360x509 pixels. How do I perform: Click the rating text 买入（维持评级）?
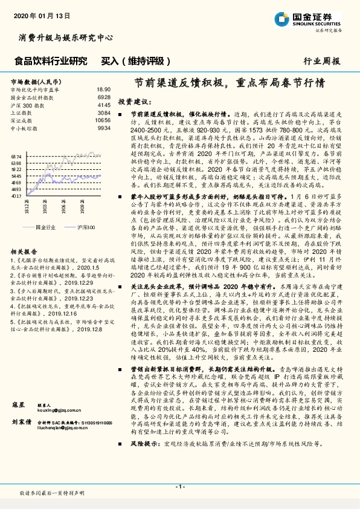tap(127, 60)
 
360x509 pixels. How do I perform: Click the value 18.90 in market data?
tap(103, 89)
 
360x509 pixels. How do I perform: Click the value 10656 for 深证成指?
tap(103, 120)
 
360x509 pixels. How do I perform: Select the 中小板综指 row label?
tap(24, 128)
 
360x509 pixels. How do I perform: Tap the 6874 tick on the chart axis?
tap(16, 157)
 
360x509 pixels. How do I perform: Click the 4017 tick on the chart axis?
tap(16, 196)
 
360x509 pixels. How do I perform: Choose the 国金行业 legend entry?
tap(46, 227)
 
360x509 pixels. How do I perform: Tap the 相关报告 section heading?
tap(24, 251)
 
